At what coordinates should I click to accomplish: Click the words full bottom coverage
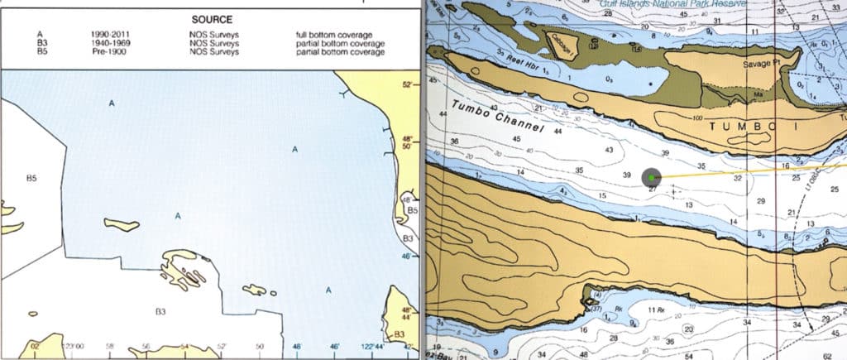tap(340, 34)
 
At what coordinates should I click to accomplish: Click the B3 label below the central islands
tap(161, 311)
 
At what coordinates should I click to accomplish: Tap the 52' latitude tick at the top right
tap(406, 84)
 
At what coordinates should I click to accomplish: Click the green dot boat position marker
tap(652, 177)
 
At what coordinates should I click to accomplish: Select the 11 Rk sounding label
tap(657, 310)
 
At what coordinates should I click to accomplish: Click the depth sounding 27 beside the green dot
tap(652, 190)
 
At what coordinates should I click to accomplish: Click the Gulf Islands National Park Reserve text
tap(668, 3)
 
